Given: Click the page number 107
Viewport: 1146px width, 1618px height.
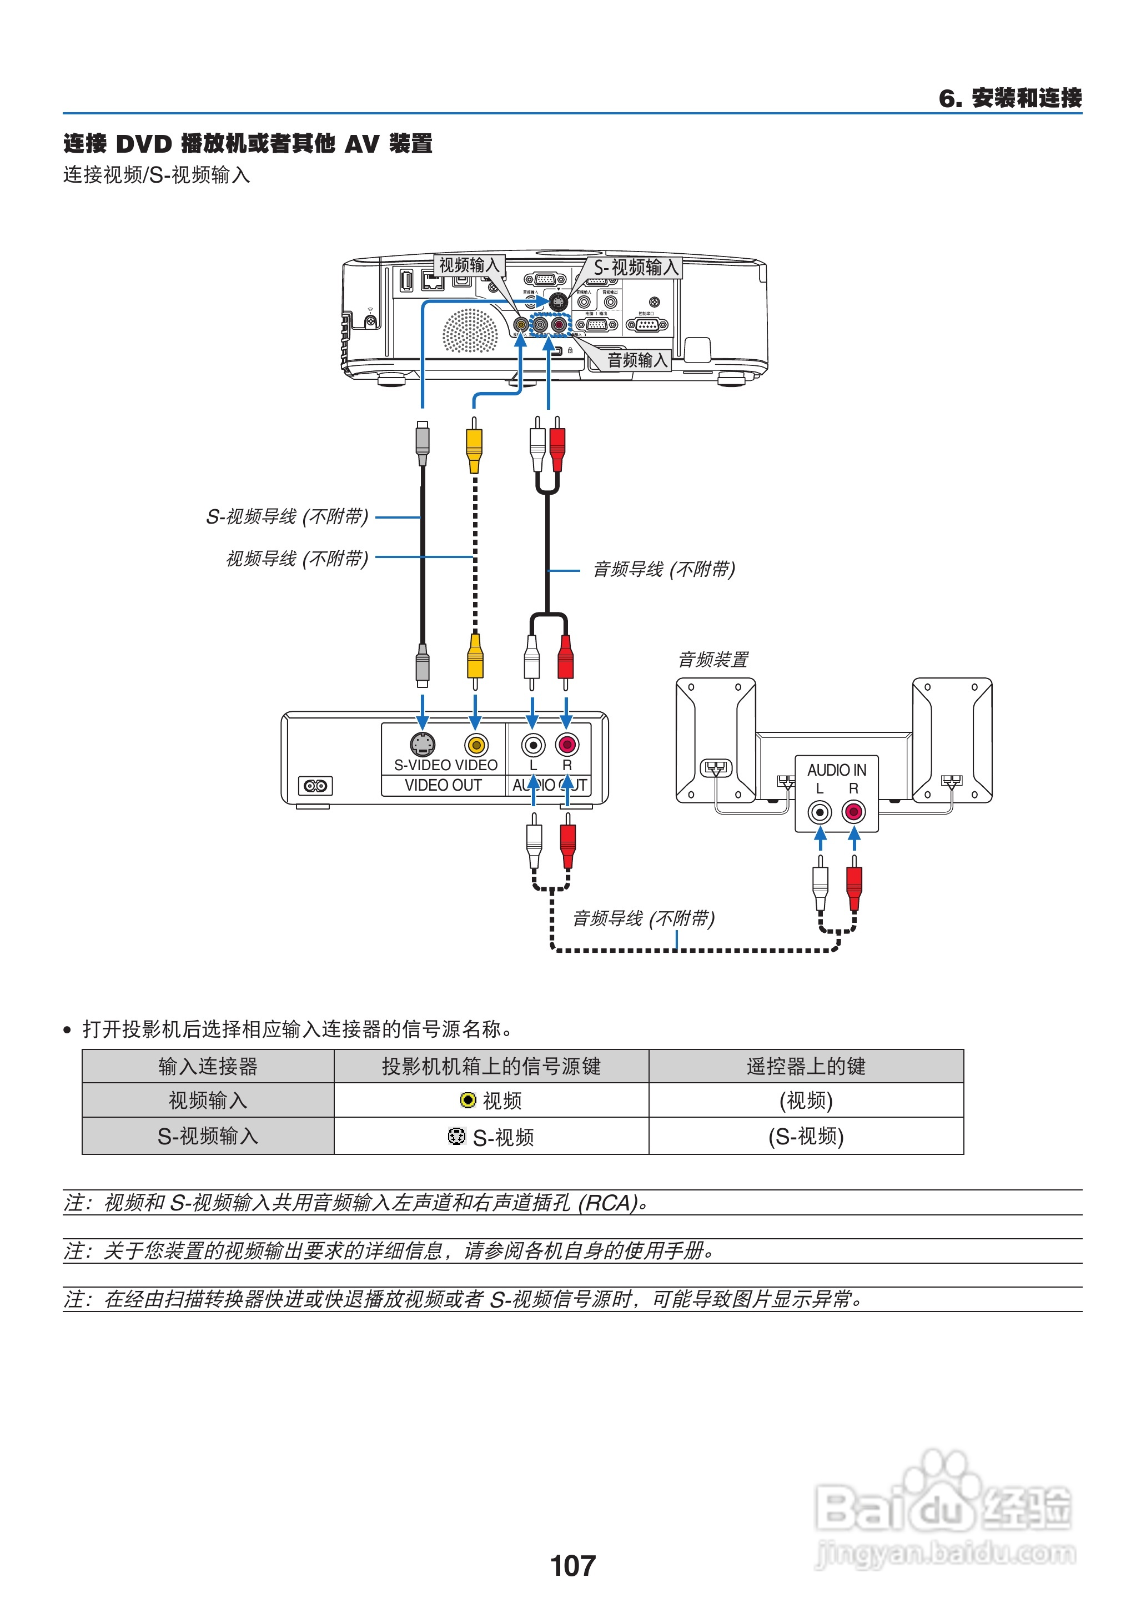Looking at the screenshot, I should pyautogui.click(x=572, y=1565).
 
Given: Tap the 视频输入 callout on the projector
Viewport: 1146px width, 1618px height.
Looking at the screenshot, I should pyautogui.click(x=469, y=265).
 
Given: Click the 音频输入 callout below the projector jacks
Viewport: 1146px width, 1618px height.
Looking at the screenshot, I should pyautogui.click(x=636, y=360).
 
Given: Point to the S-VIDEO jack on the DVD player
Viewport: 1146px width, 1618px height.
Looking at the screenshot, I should pyautogui.click(x=422, y=745).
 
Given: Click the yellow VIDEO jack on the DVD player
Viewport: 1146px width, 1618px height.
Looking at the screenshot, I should pyautogui.click(x=476, y=745).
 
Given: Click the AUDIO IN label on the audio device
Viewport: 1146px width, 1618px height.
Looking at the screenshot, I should pyautogui.click(x=836, y=770).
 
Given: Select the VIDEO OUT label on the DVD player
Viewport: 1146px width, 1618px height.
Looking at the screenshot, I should pyautogui.click(x=443, y=785).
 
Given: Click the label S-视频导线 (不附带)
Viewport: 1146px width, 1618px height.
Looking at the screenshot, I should pyautogui.click(x=286, y=516).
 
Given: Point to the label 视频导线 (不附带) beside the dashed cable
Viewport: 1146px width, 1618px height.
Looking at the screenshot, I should pyautogui.click(x=296, y=558).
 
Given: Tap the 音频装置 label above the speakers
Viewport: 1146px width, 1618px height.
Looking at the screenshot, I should pyautogui.click(x=713, y=660).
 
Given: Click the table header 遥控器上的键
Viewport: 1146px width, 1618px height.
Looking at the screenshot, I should pyautogui.click(x=806, y=1066).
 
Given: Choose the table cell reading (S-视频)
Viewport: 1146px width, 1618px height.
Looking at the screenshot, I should pyautogui.click(x=806, y=1136).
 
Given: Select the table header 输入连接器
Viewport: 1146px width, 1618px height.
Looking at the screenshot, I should pyautogui.click(x=208, y=1066).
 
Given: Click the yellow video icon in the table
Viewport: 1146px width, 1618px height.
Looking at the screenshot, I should pyautogui.click(x=467, y=1100).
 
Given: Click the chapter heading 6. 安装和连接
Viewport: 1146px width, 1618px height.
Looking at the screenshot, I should pyautogui.click(x=1010, y=97).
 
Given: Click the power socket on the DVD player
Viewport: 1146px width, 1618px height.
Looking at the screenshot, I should pyautogui.click(x=315, y=785).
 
